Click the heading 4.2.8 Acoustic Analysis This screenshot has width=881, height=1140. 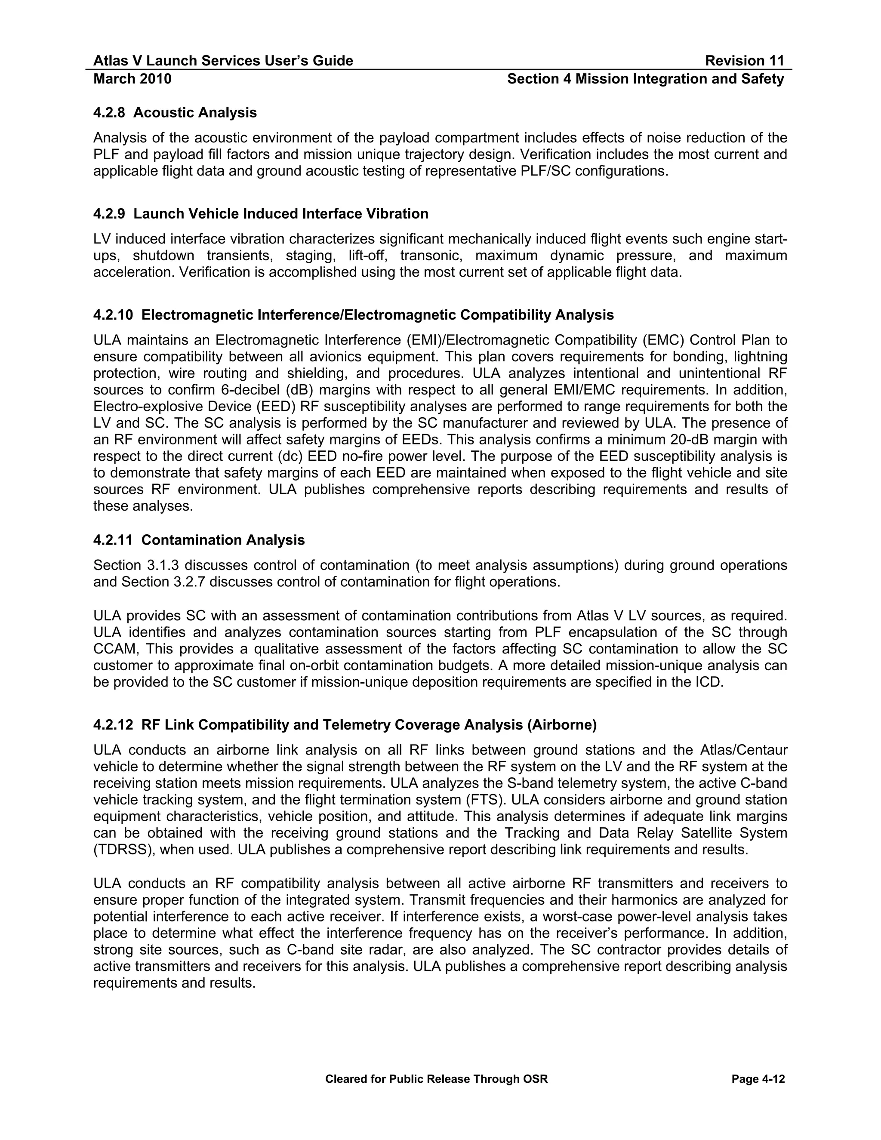(x=175, y=113)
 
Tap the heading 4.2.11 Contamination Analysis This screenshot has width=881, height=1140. (x=199, y=540)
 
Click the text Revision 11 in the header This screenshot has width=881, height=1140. (x=744, y=61)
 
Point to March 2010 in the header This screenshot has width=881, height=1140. (x=132, y=79)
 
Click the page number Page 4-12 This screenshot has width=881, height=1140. (x=758, y=1079)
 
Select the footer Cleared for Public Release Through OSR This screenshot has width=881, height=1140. (x=436, y=1079)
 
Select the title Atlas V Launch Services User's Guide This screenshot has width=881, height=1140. (x=223, y=61)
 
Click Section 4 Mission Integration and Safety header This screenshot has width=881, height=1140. (x=645, y=79)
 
